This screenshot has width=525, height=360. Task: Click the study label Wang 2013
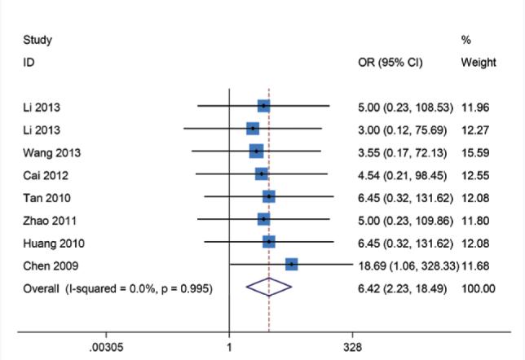pos(46,152)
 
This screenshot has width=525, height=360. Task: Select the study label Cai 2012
pos(42,174)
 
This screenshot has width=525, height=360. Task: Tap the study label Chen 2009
pos(46,265)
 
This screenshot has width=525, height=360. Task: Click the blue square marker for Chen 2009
pos(291,264)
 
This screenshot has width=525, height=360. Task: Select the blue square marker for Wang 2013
pos(256,151)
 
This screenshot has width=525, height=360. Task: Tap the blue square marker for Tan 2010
pos(269,196)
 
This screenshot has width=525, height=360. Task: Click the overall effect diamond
pos(268,287)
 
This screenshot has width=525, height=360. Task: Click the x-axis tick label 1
pos(229,346)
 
